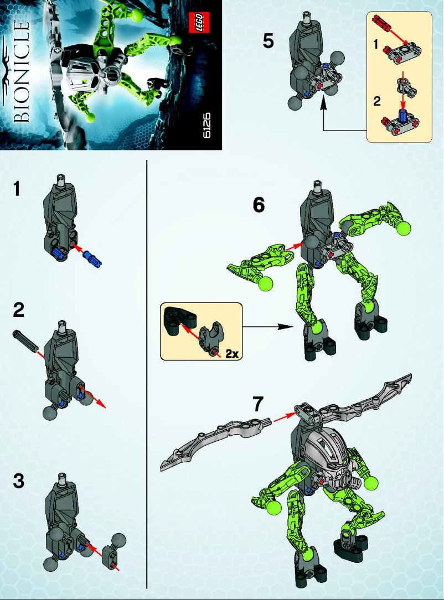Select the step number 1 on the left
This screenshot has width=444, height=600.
point(18,190)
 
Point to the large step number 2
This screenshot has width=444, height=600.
point(18,311)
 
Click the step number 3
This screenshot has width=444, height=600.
point(18,482)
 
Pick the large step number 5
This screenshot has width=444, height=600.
point(268,41)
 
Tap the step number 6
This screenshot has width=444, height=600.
point(259,205)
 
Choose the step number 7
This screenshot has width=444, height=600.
point(259,404)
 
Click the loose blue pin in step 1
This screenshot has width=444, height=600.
point(91,258)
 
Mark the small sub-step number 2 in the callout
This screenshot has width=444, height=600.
point(378,102)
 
